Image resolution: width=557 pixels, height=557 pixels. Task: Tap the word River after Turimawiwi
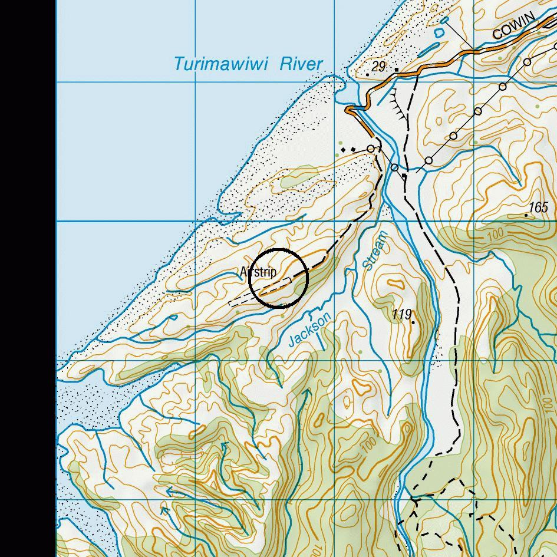click(x=301, y=63)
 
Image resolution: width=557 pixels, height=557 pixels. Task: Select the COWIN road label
click(x=513, y=27)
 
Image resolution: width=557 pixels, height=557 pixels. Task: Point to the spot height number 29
click(x=378, y=66)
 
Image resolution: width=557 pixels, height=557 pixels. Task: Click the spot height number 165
click(x=538, y=207)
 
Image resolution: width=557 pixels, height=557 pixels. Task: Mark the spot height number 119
click(x=401, y=314)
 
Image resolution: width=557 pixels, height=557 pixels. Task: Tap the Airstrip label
click(x=258, y=272)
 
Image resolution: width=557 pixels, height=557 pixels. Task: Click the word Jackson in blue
click(x=309, y=330)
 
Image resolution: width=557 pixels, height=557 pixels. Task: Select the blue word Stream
click(x=375, y=251)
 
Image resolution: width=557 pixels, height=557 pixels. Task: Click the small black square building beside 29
click(x=397, y=70)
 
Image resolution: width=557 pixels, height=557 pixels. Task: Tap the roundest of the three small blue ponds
click(x=439, y=34)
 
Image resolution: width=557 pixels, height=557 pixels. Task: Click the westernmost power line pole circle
click(x=371, y=149)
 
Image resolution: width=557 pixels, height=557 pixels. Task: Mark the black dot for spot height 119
click(x=413, y=322)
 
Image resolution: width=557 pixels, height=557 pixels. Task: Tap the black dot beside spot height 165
click(x=526, y=216)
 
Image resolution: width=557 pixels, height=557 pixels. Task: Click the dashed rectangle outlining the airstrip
click(x=259, y=293)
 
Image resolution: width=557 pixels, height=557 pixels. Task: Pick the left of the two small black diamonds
click(x=344, y=150)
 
